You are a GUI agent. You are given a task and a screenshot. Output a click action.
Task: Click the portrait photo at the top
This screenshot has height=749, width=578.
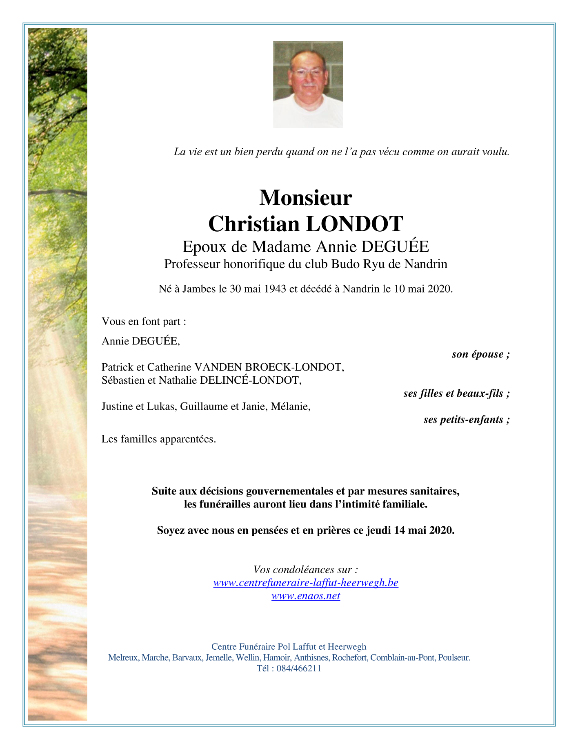tap(308, 85)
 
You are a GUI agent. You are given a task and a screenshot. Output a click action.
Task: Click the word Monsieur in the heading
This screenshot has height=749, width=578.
tap(305, 198)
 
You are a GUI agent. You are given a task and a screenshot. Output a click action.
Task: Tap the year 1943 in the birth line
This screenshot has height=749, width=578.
tap(275, 289)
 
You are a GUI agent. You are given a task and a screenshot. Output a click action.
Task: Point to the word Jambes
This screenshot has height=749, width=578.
tap(199, 289)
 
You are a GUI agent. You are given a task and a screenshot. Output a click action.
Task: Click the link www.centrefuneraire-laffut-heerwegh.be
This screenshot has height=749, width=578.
tap(305, 583)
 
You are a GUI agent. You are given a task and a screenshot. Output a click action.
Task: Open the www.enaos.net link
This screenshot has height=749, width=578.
tap(305, 596)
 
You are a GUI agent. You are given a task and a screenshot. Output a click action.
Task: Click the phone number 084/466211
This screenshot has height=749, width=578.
tap(299, 669)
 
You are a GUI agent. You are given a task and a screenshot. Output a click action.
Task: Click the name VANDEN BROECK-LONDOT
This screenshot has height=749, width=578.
tap(269, 367)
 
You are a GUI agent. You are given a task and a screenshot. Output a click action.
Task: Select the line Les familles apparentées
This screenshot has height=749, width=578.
tap(159, 439)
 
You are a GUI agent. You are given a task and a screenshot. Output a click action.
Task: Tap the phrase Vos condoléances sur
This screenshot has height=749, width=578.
tap(305, 570)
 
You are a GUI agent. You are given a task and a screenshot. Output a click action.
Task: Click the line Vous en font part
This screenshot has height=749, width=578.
tap(144, 322)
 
